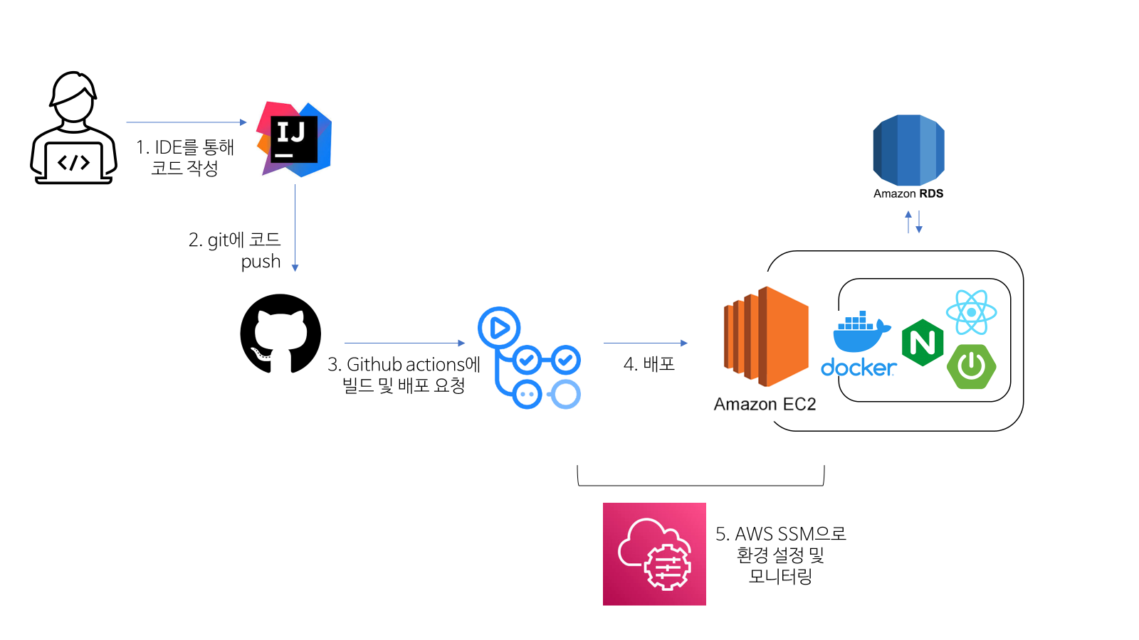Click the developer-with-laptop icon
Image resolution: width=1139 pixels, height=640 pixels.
tap(73, 128)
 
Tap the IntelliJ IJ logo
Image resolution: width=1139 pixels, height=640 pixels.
tap(294, 139)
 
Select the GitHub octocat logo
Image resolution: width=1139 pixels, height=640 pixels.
tap(280, 334)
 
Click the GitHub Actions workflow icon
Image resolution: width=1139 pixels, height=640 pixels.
tap(530, 358)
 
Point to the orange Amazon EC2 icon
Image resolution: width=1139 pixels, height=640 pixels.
tap(766, 336)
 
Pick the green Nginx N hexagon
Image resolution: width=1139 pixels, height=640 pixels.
tap(923, 343)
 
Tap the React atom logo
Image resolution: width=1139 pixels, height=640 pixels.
tap(971, 312)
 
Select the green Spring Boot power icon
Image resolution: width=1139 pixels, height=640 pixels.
tap(971, 366)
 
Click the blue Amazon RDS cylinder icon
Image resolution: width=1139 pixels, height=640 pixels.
tap(908, 150)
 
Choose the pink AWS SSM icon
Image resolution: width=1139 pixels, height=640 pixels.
tap(654, 554)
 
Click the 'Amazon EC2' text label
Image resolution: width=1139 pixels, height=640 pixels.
tap(765, 405)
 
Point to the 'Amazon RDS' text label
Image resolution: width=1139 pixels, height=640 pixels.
tap(908, 193)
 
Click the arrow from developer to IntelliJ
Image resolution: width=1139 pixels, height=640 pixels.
tap(187, 122)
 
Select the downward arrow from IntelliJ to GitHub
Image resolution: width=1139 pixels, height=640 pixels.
tap(295, 228)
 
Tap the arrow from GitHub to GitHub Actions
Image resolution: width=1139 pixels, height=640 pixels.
tap(404, 343)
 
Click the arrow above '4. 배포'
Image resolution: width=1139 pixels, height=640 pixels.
tap(645, 343)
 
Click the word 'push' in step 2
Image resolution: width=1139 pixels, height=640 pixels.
tap(261, 262)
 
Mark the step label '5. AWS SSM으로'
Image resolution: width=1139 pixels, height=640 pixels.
tap(780, 534)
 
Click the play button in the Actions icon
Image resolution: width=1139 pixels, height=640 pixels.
tap(499, 328)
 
